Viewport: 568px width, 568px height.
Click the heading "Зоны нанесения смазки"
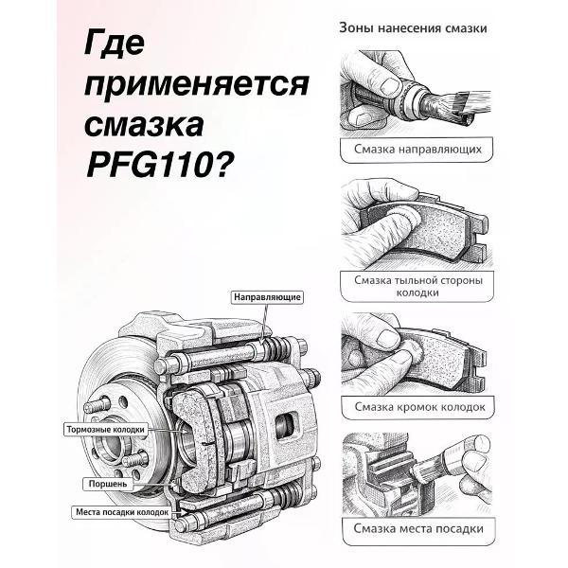click(413, 28)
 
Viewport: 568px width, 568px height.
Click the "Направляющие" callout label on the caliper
click(267, 297)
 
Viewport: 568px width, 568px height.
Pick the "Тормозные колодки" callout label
click(106, 429)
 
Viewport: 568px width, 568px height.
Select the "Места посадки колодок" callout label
click(121, 512)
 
